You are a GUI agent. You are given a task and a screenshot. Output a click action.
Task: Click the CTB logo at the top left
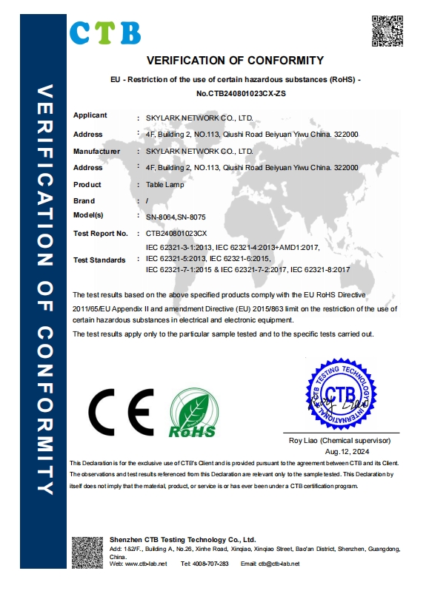point(104,32)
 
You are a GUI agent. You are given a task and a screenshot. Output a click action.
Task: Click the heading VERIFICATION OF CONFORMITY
point(235,61)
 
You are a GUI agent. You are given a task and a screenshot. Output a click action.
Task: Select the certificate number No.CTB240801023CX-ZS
point(235,94)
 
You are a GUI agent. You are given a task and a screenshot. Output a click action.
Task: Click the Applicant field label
point(90,115)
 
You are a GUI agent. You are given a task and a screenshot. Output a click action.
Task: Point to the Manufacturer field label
point(96,151)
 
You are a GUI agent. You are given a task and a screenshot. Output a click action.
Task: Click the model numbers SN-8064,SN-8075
point(175,217)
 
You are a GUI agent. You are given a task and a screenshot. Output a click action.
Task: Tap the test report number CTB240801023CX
point(177,234)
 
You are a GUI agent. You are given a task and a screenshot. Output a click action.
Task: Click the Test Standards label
point(99,260)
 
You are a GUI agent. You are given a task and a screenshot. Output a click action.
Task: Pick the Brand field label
point(84,201)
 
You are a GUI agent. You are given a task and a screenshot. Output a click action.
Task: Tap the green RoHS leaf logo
point(193,415)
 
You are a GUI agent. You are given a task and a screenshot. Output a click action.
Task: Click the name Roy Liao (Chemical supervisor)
point(341,439)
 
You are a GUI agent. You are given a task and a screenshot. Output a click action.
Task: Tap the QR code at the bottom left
point(87,552)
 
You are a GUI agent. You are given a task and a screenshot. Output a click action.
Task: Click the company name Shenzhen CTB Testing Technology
point(182,541)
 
